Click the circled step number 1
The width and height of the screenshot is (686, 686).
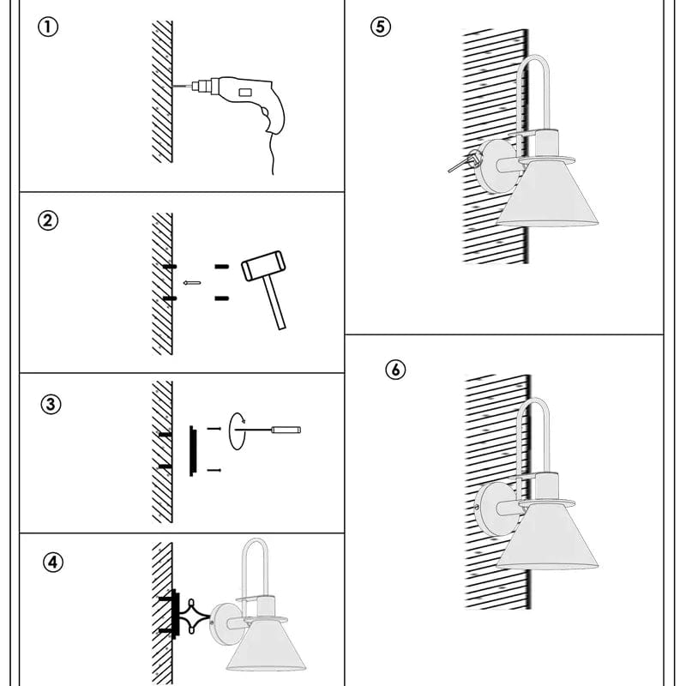(x=50, y=27)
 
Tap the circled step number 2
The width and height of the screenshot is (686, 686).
(x=50, y=220)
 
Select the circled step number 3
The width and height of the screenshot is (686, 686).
(x=51, y=404)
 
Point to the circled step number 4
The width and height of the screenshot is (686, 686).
(x=53, y=563)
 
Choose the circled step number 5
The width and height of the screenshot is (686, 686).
(x=381, y=27)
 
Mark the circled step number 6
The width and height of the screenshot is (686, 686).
(x=394, y=370)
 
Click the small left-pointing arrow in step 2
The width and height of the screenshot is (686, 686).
(x=192, y=282)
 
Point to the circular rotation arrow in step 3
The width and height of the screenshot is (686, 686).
(x=238, y=430)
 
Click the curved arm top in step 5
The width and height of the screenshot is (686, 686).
(x=534, y=64)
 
